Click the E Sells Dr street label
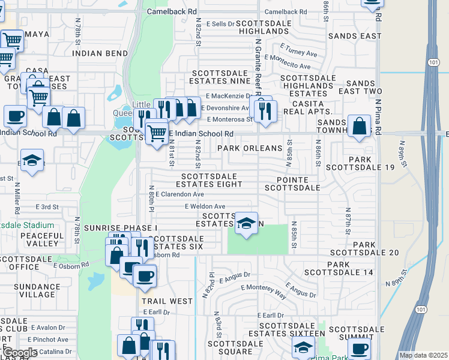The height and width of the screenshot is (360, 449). click(x=220, y=23)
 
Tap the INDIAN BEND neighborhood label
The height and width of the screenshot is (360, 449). click(x=97, y=53)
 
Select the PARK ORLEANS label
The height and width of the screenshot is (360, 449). click(x=250, y=148)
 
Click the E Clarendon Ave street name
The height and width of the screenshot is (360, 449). click(x=180, y=194)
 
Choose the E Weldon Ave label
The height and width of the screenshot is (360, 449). click(x=205, y=206)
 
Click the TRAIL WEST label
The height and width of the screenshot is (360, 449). click(x=167, y=301)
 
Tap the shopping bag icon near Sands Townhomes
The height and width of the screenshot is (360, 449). click(x=359, y=127)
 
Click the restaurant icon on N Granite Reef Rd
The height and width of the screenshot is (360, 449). click(x=264, y=110)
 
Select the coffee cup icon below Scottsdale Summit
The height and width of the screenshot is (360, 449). click(x=359, y=349)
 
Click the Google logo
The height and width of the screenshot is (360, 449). click(x=20, y=353)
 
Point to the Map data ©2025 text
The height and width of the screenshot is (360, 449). click(x=423, y=355)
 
